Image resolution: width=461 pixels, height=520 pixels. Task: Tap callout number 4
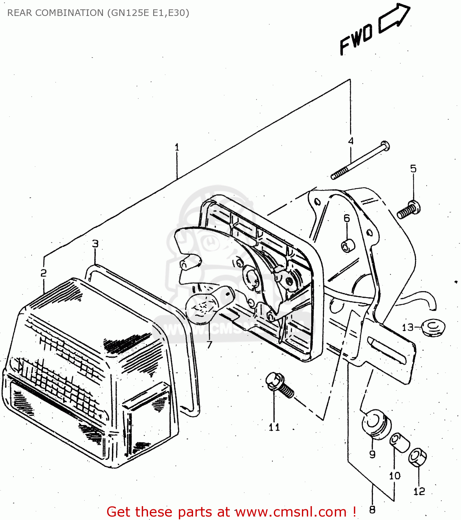[351, 141]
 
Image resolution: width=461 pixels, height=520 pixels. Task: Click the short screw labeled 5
[409, 210]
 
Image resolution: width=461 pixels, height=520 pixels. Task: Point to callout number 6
[347, 218]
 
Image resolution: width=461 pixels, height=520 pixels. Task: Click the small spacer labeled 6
[348, 246]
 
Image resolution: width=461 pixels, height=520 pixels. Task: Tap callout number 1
[177, 147]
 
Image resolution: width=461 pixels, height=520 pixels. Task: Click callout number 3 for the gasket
[95, 244]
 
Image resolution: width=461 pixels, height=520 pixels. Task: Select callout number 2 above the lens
[43, 273]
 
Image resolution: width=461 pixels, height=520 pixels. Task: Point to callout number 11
[274, 427]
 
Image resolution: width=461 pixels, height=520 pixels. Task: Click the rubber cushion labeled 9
[376, 425]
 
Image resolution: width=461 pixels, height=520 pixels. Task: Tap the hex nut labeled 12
[417, 458]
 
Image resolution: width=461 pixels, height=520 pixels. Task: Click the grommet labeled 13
[433, 327]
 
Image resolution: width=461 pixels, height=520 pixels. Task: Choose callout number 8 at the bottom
[372, 510]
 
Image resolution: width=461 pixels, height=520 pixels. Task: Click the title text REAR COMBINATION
[55, 13]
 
